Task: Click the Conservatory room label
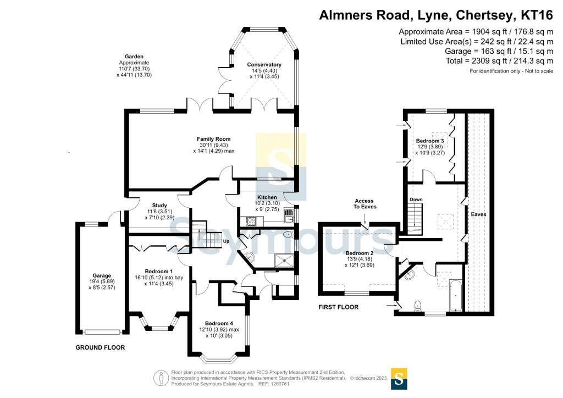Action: pyautogui.click(x=264, y=65)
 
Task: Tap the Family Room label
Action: pyautogui.click(x=214, y=139)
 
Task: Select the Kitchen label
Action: pyautogui.click(x=267, y=197)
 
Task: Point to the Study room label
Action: pyautogui.click(x=152, y=206)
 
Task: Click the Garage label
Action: pyautogui.click(x=102, y=275)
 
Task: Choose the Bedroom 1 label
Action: pyautogui.click(x=159, y=272)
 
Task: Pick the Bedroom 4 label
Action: pyautogui.click(x=219, y=323)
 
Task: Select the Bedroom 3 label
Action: pyautogui.click(x=430, y=141)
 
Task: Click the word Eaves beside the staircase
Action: pyautogui.click(x=478, y=214)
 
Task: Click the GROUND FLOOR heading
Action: pyautogui.click(x=100, y=347)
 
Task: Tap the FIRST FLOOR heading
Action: pyautogui.click(x=339, y=307)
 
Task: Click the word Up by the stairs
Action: pyautogui.click(x=225, y=241)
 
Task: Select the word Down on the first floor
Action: pyautogui.click(x=416, y=199)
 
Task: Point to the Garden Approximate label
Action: pyautogui.click(x=134, y=60)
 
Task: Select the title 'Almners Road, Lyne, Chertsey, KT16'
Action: pyautogui.click(x=437, y=15)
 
